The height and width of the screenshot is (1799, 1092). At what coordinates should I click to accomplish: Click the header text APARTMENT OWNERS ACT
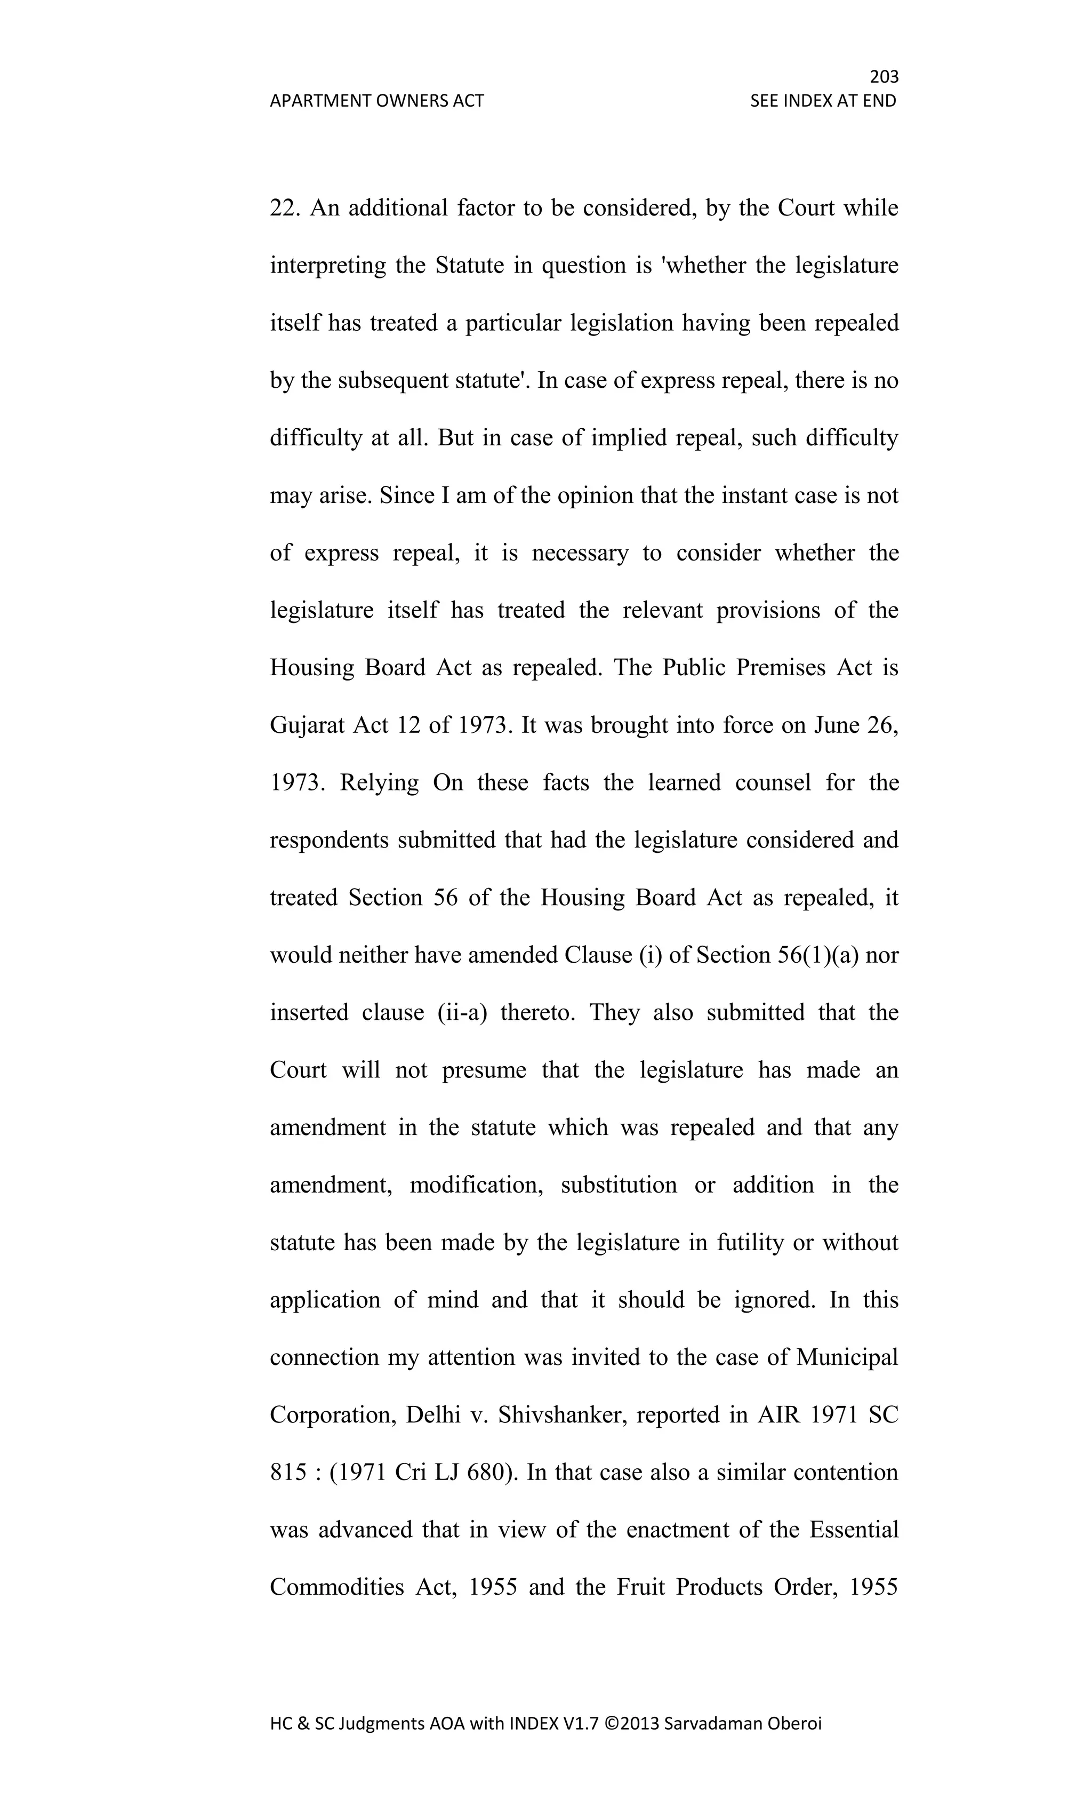[376, 101]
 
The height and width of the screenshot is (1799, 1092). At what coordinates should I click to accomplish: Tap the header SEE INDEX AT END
[823, 101]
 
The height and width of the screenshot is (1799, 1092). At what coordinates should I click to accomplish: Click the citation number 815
[287, 1472]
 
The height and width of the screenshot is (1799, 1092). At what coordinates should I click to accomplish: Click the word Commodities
[336, 1587]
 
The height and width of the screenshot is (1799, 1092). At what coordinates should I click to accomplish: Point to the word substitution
[619, 1185]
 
